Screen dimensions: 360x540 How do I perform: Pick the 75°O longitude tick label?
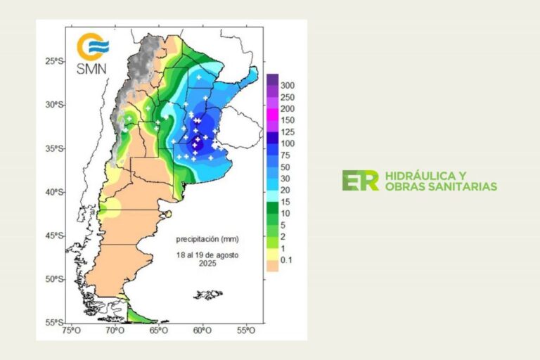coord(71,330)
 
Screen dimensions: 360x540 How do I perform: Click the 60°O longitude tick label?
coord(202,330)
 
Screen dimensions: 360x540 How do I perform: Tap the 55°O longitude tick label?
coord(245,330)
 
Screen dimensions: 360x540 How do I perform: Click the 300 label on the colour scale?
coord(288,86)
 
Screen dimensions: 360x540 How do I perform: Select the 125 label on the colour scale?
coord(288,132)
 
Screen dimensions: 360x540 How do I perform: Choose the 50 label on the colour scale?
coord(285,167)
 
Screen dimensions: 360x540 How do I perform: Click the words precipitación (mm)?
coord(207,239)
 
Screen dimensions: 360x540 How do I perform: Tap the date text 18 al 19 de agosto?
coord(208,255)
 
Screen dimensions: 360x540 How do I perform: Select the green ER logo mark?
coord(360,181)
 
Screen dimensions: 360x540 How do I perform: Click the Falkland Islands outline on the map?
coord(209,294)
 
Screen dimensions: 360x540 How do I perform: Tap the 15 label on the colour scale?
coord(285,202)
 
